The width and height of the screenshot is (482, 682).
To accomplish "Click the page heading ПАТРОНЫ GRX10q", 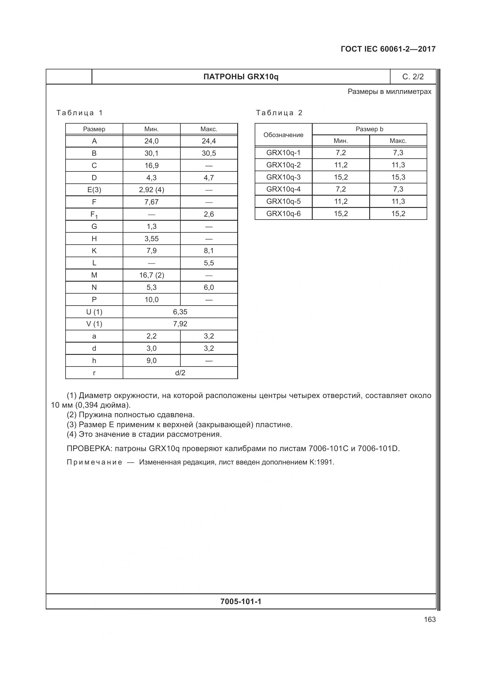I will click(x=241, y=77).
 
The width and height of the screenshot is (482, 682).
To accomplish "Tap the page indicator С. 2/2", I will click(x=413, y=77).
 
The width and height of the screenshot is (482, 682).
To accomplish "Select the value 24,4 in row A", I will click(x=209, y=141).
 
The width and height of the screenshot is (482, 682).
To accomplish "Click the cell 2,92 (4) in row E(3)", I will click(x=151, y=190).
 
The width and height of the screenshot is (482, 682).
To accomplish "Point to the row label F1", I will click(x=94, y=215).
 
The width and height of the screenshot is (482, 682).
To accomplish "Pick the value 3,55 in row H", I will click(x=151, y=239).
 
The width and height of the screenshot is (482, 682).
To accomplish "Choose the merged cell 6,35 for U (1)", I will click(x=180, y=312).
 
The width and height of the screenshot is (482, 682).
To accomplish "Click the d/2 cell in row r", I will click(x=180, y=373).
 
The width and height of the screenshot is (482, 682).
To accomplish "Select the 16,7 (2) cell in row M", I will click(x=151, y=275).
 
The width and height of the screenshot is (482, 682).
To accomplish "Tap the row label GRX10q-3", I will click(x=283, y=177).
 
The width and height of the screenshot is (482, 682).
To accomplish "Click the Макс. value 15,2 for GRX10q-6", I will click(x=398, y=213).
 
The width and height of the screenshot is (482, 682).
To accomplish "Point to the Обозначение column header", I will click(x=283, y=135).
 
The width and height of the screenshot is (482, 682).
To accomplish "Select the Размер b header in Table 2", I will click(x=369, y=129).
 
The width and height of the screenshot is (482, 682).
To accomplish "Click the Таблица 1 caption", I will click(x=80, y=113).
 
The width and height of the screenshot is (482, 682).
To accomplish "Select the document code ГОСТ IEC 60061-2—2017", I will click(x=388, y=49).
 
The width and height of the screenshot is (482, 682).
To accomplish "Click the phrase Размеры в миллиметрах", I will click(x=389, y=92).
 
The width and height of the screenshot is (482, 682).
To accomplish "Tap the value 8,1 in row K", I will click(x=209, y=251).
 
